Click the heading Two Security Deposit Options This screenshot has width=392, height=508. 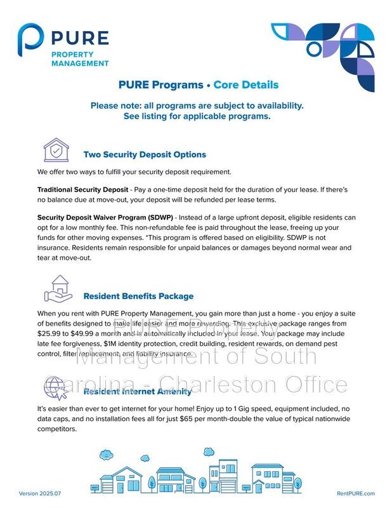pos(145,154)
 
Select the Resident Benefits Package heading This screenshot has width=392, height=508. pos(138,296)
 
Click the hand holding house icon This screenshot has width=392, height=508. pos(56,289)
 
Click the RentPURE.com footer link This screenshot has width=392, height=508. pos(356,493)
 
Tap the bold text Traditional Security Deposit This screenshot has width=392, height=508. pos(82,190)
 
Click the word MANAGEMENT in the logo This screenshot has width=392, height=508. pos(80,63)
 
